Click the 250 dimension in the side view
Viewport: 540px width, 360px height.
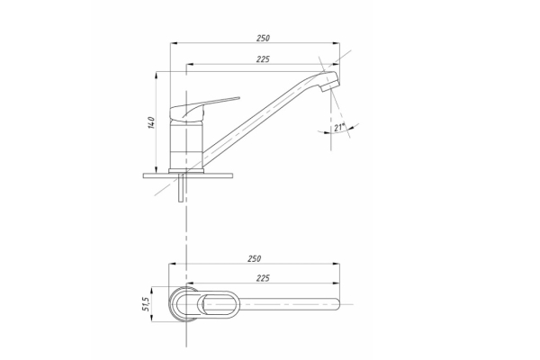pyautogui.click(x=263, y=38)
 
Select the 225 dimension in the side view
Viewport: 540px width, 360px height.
pyautogui.click(x=263, y=59)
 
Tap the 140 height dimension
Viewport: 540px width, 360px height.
pyautogui.click(x=151, y=123)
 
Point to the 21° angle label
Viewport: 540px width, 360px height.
pyautogui.click(x=339, y=128)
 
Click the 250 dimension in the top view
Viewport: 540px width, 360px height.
pyautogui.click(x=255, y=258)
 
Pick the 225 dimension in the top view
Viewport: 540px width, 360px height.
pyautogui.click(x=263, y=278)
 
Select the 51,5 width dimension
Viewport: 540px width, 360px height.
pyautogui.click(x=146, y=304)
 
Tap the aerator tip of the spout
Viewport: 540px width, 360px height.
pyautogui.click(x=330, y=83)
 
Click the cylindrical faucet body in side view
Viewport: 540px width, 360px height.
pyautogui.click(x=186, y=145)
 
